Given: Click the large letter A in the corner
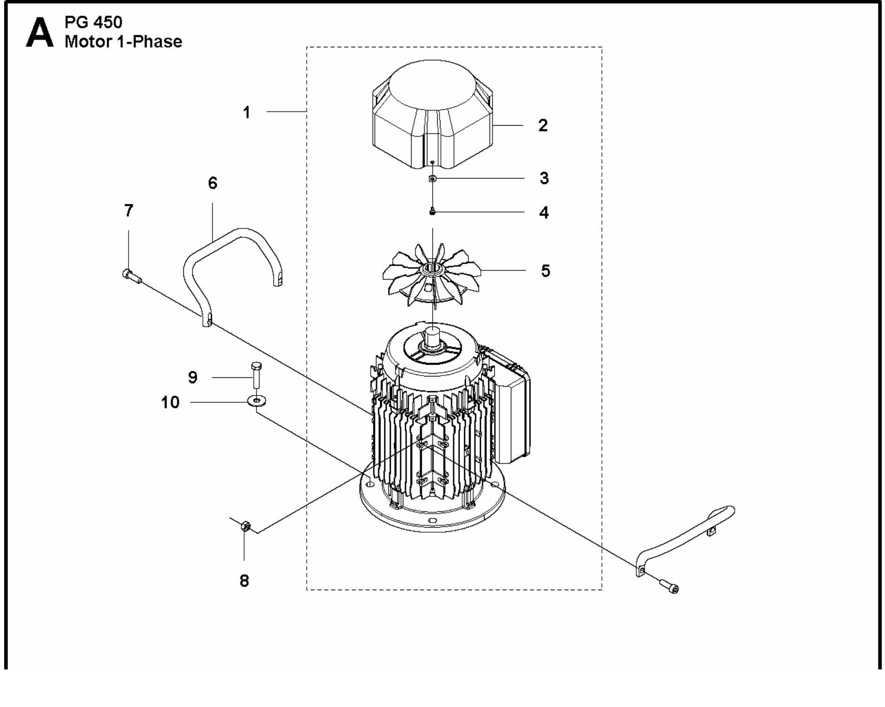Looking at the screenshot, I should click(x=39, y=33).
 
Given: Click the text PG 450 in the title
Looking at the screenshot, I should click(x=93, y=22).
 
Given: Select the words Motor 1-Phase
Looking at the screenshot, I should click(x=123, y=42).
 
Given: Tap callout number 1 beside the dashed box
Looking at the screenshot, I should click(x=246, y=112).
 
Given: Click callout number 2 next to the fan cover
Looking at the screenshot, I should click(x=543, y=125).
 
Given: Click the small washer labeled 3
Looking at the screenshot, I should click(x=433, y=179).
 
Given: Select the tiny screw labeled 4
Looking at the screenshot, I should click(x=433, y=212).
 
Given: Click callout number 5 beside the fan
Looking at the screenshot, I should click(x=545, y=271).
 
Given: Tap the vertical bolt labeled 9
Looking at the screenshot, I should click(x=256, y=375).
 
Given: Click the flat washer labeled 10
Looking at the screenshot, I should click(x=257, y=400).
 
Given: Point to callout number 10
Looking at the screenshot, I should click(x=170, y=402).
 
